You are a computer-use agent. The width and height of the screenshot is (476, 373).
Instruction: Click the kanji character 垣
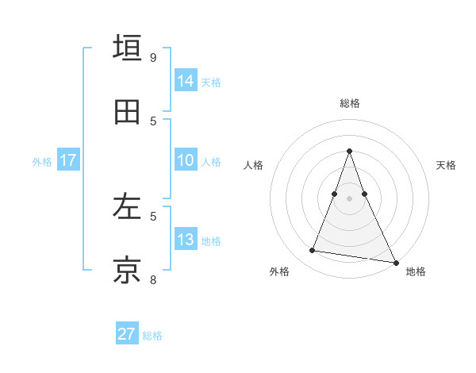coord(128,48)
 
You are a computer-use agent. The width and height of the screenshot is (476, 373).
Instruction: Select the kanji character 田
coord(128,112)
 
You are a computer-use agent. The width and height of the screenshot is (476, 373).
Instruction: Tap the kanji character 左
coord(128,207)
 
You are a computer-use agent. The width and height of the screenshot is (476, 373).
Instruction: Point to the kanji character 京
coord(128,271)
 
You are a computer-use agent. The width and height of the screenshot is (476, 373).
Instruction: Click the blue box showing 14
coord(186,81)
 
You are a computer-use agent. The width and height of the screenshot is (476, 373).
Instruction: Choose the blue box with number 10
coord(186,161)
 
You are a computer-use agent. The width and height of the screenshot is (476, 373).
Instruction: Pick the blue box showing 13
coord(186,240)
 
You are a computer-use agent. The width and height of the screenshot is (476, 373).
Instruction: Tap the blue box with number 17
coord(68,161)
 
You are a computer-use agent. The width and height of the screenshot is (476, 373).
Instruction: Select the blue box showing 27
coord(127,334)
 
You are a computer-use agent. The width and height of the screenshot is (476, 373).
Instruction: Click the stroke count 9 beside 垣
coord(153,57)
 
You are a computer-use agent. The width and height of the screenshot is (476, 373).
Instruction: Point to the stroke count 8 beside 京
coord(153,279)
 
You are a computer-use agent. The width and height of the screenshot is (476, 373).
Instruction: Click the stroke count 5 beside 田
coord(153,121)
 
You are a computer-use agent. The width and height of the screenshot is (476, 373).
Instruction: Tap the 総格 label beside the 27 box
coord(152,336)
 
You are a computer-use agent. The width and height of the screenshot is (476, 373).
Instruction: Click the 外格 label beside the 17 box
coord(42,162)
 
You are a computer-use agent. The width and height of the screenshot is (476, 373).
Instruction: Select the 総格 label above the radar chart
coord(350,103)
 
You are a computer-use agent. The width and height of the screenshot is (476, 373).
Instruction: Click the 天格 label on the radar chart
coord(446,165)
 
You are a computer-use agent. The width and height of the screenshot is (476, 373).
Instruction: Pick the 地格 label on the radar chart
coord(416,271)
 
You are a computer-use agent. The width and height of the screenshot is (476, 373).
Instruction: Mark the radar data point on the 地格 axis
coord(395,262)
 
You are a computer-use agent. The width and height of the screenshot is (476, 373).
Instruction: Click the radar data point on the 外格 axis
coord(313,251)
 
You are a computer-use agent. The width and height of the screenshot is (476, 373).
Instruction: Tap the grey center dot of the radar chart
coord(350,198)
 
